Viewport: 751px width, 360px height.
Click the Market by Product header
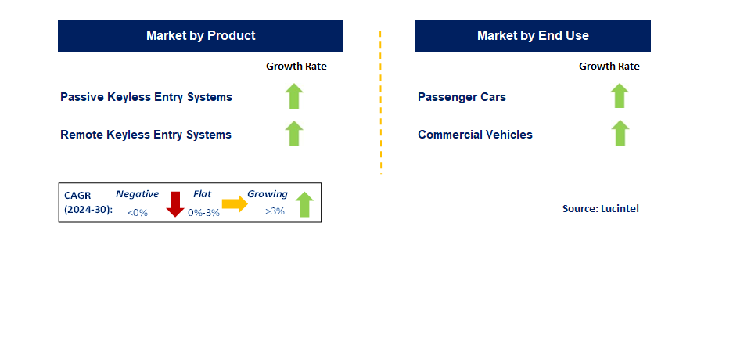pyautogui.click(x=200, y=36)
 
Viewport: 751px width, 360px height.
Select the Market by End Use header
pyautogui.click(x=533, y=36)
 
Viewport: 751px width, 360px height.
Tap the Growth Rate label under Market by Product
pyautogui.click(x=296, y=67)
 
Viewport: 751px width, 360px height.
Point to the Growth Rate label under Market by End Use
pyautogui.click(x=609, y=67)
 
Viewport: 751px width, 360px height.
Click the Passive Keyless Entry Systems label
pyautogui.click(x=146, y=97)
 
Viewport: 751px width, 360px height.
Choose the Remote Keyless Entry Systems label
pyautogui.click(x=146, y=135)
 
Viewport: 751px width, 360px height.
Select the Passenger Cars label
pyautogui.click(x=462, y=97)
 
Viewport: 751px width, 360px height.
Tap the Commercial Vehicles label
pyautogui.click(x=475, y=135)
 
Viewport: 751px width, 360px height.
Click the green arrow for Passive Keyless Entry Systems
pyautogui.click(x=294, y=95)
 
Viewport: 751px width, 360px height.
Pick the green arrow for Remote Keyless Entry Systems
pyautogui.click(x=294, y=133)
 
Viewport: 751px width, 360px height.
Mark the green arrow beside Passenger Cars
pyautogui.click(x=620, y=95)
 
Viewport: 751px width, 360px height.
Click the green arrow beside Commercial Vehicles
pyautogui.click(x=620, y=133)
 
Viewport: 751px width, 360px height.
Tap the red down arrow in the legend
pyautogui.click(x=175, y=204)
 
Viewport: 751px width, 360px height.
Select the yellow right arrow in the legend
pyautogui.click(x=234, y=204)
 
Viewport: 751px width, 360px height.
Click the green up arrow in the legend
pyautogui.click(x=304, y=204)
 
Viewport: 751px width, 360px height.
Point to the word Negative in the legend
pyautogui.click(x=137, y=194)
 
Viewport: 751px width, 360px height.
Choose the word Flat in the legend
pyautogui.click(x=202, y=194)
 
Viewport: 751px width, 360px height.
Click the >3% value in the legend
pyautogui.click(x=275, y=212)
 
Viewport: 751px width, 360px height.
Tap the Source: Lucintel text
pyautogui.click(x=600, y=209)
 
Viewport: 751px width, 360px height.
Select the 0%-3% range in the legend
pyautogui.click(x=203, y=213)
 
